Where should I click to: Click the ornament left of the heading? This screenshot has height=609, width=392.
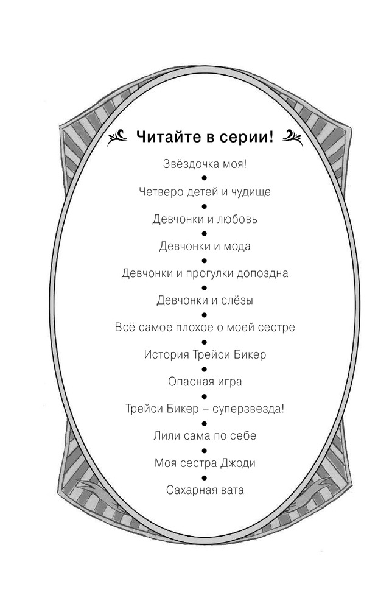point(117,138)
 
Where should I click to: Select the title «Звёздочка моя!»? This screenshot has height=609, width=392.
point(205,164)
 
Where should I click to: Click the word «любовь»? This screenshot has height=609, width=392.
point(237,219)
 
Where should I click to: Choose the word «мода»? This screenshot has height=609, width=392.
point(237,246)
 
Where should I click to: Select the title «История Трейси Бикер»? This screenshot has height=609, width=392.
point(205,354)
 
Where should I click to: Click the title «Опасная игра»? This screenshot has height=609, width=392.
point(205,382)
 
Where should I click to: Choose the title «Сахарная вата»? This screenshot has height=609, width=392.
point(205,490)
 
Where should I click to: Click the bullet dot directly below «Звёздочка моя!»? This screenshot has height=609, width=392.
point(205,178)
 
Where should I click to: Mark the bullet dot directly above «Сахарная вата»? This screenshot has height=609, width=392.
point(205,477)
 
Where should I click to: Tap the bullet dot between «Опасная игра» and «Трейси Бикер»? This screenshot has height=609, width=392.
point(205,396)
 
